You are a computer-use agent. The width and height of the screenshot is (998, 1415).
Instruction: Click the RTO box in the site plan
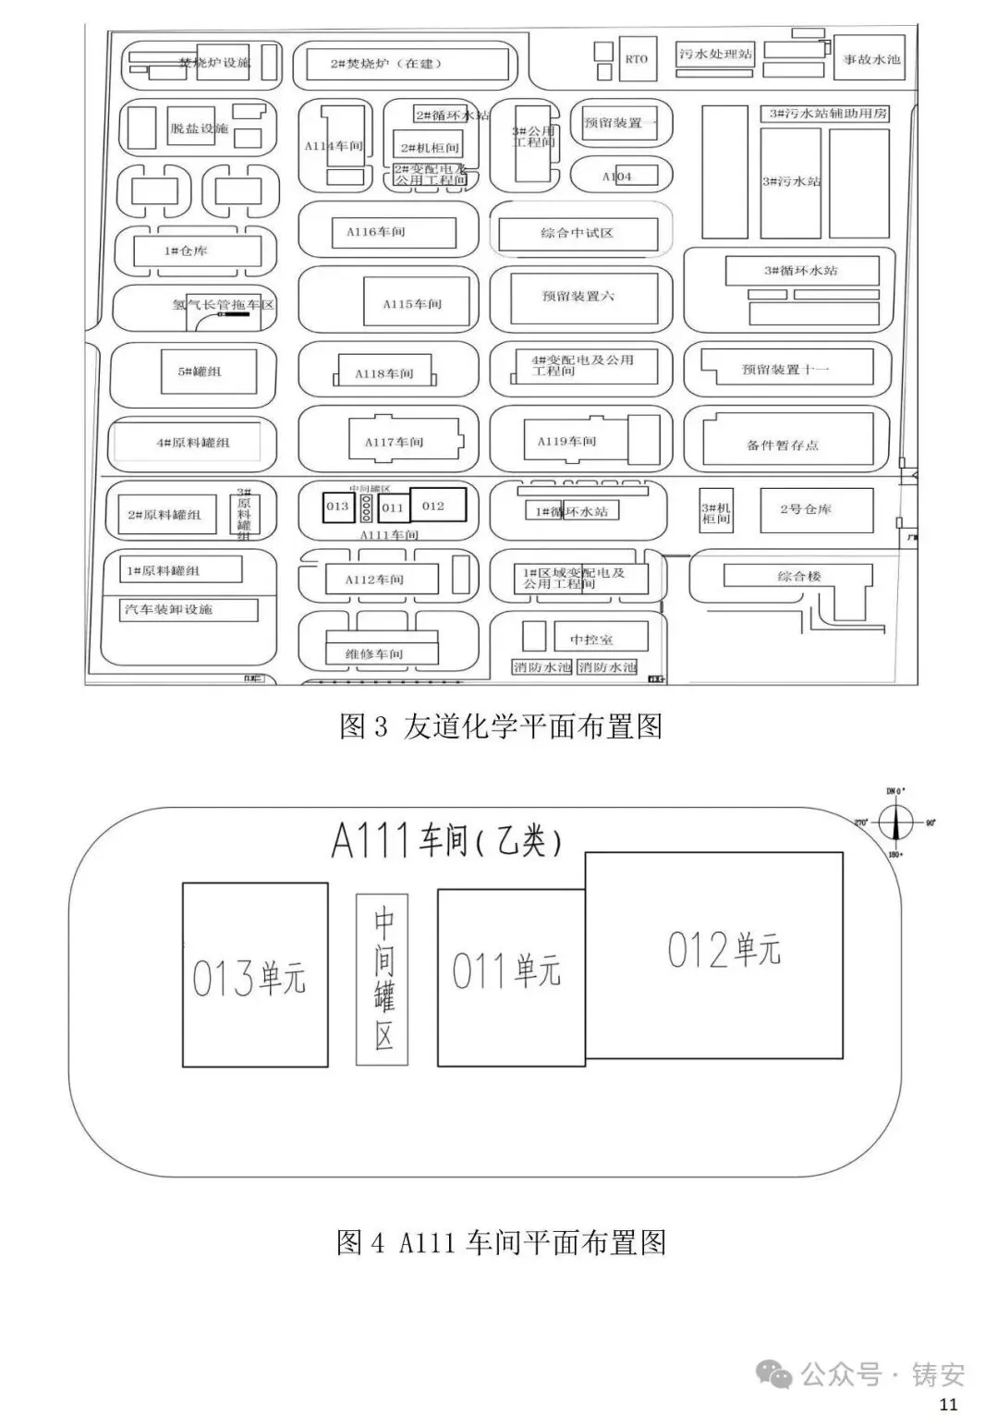point(636,59)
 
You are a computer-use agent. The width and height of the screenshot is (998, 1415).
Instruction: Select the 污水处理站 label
point(715,54)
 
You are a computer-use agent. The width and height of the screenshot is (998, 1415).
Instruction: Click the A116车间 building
point(376,232)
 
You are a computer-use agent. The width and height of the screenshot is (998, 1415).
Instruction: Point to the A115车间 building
point(412,303)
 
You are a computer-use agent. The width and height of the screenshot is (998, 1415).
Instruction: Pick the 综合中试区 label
point(578,233)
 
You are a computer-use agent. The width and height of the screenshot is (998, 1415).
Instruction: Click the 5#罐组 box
point(200,372)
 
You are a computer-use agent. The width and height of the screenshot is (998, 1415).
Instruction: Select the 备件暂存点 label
point(783,445)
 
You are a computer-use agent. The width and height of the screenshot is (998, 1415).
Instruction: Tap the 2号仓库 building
point(805,509)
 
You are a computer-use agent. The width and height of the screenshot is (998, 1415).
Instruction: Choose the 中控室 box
point(591,639)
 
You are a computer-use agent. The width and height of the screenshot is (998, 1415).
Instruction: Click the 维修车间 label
point(374,654)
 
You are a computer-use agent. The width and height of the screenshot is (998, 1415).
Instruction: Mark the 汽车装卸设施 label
point(169,610)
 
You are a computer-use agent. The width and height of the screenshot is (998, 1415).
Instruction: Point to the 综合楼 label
point(799,576)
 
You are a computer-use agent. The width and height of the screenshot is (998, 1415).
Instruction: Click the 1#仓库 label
point(186,251)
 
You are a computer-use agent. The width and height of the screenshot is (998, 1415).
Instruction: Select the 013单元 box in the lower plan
point(255,975)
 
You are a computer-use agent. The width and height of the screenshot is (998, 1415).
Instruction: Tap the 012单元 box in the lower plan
point(714,955)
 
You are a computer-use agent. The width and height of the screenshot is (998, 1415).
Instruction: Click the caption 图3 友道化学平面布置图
point(501,726)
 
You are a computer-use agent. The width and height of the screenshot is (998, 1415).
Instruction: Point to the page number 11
point(948,1405)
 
